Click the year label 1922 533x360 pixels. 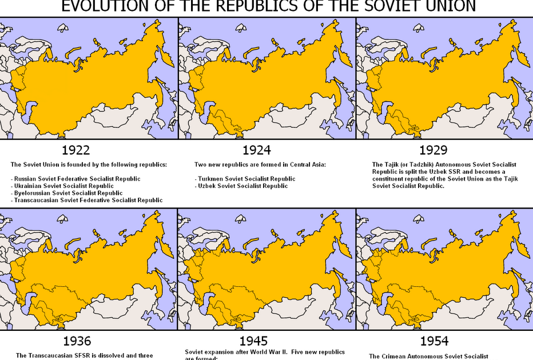tap(75, 150)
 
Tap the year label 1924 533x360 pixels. tap(256, 150)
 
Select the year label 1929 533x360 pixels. tap(433, 150)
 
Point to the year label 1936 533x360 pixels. tap(77, 342)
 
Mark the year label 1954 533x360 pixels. tap(434, 342)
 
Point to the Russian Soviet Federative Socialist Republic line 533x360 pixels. tap(75, 179)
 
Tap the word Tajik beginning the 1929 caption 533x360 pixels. tap(392, 165)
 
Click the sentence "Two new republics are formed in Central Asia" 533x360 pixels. tap(260, 165)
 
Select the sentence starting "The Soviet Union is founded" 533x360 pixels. tap(89, 165)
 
